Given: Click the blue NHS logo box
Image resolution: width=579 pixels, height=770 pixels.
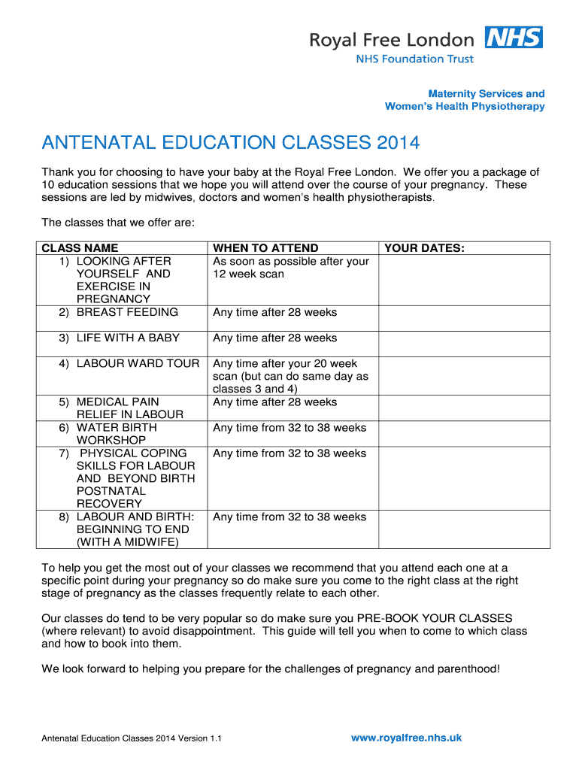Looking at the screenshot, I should coord(514,38).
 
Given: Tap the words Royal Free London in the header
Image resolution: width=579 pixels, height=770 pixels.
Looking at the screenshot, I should coord(392,40).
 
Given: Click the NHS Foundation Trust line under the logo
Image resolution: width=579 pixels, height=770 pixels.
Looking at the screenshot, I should coord(414,59).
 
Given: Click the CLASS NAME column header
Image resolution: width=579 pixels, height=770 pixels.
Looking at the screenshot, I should coord(80,248).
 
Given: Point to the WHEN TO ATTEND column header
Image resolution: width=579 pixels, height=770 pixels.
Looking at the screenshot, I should coord(265,248).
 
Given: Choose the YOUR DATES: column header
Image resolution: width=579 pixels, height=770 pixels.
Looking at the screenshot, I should coord(424,248).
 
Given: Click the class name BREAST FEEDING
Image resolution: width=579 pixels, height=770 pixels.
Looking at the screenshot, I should coord(127,312).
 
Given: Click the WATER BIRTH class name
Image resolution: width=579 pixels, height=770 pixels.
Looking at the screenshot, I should coord(117,428).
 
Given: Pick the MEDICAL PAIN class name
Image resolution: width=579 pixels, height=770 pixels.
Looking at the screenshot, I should coord(117,402).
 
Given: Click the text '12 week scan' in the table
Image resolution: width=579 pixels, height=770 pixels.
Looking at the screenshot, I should coord(248,274).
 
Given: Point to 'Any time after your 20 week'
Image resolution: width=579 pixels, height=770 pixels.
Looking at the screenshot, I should coord(285,363).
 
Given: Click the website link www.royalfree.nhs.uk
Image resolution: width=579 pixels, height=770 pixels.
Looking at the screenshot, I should coord(406,738).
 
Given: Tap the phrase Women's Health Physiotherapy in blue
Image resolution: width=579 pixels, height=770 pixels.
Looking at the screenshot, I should coord(465,107).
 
